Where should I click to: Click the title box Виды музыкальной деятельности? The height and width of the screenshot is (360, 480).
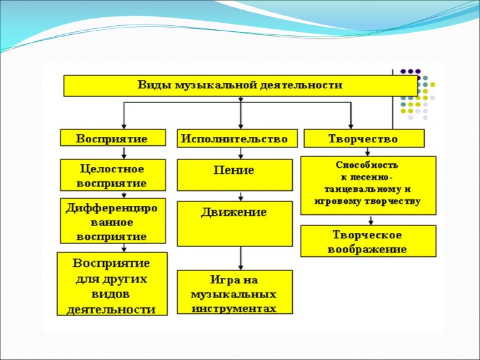[240, 85]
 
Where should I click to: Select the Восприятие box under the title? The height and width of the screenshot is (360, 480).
[112, 139]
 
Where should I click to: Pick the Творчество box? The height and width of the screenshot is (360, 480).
[364, 139]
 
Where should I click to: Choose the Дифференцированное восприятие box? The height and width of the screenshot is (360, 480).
[112, 220]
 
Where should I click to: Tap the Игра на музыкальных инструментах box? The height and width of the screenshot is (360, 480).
[235, 293]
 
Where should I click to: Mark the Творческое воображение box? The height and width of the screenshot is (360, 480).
[368, 241]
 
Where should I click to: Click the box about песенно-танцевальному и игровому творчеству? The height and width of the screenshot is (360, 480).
[368, 185]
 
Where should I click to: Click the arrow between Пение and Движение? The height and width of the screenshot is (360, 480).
[241, 196]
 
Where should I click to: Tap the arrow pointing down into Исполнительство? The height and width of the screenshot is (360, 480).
[241, 120]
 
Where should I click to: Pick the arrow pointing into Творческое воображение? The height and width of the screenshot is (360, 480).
[368, 220]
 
